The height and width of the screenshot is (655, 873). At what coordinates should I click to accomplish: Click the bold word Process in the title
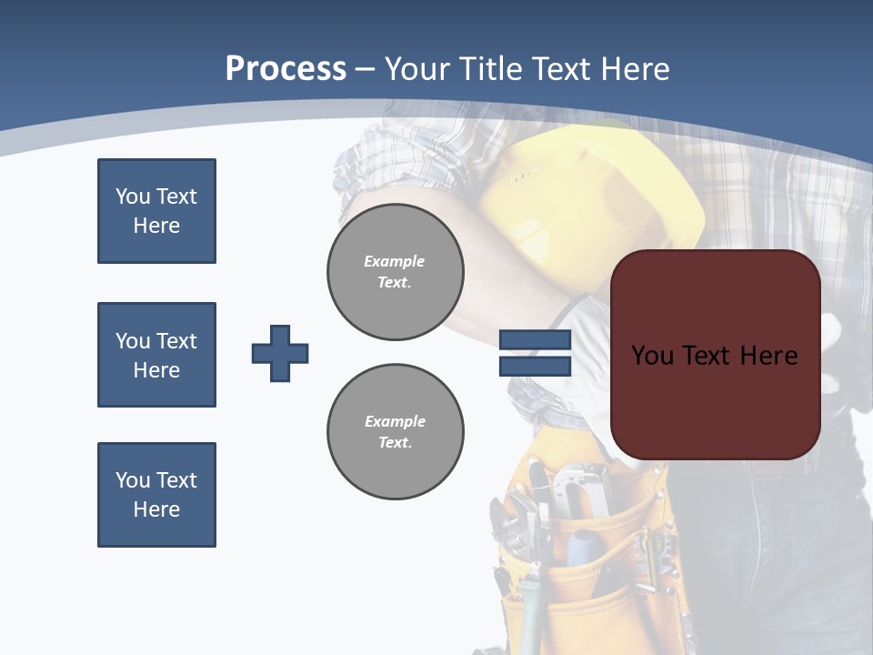(x=286, y=68)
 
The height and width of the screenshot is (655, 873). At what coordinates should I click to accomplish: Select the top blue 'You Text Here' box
(x=156, y=211)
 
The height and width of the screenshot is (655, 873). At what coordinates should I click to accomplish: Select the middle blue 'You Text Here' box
(x=156, y=355)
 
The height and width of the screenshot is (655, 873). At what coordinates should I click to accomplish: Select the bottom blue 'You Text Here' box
(x=156, y=495)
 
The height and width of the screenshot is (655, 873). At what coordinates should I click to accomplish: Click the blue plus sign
(x=280, y=353)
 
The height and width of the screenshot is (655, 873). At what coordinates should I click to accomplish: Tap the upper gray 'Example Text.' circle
(x=395, y=271)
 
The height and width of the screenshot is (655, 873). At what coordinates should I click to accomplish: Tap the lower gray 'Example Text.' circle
(x=395, y=431)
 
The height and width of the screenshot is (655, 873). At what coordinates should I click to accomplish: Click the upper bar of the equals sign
(x=535, y=339)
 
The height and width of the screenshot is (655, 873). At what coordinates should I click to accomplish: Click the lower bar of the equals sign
(x=535, y=367)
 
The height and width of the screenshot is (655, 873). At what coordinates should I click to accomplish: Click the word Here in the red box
(x=768, y=356)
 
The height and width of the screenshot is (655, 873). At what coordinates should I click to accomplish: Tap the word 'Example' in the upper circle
(x=394, y=261)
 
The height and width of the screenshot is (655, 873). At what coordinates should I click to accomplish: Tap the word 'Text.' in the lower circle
(x=395, y=442)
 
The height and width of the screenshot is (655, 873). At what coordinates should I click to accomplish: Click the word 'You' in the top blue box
(x=133, y=196)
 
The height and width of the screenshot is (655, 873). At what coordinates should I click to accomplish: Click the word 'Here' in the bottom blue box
(x=156, y=509)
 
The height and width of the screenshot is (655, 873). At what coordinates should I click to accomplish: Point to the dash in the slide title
(x=366, y=69)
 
